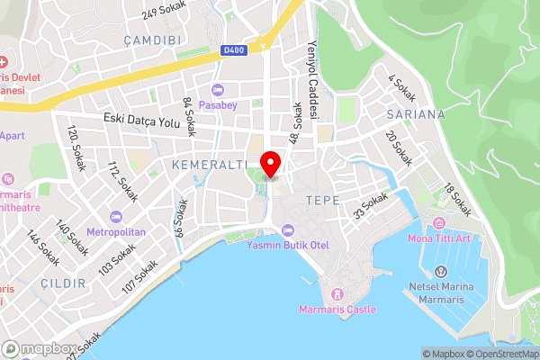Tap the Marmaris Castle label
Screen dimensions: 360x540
337,310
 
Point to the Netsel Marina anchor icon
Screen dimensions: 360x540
441,272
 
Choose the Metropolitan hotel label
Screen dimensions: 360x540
116,231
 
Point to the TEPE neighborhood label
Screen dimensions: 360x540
322,200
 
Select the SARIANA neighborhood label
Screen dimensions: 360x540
415,114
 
